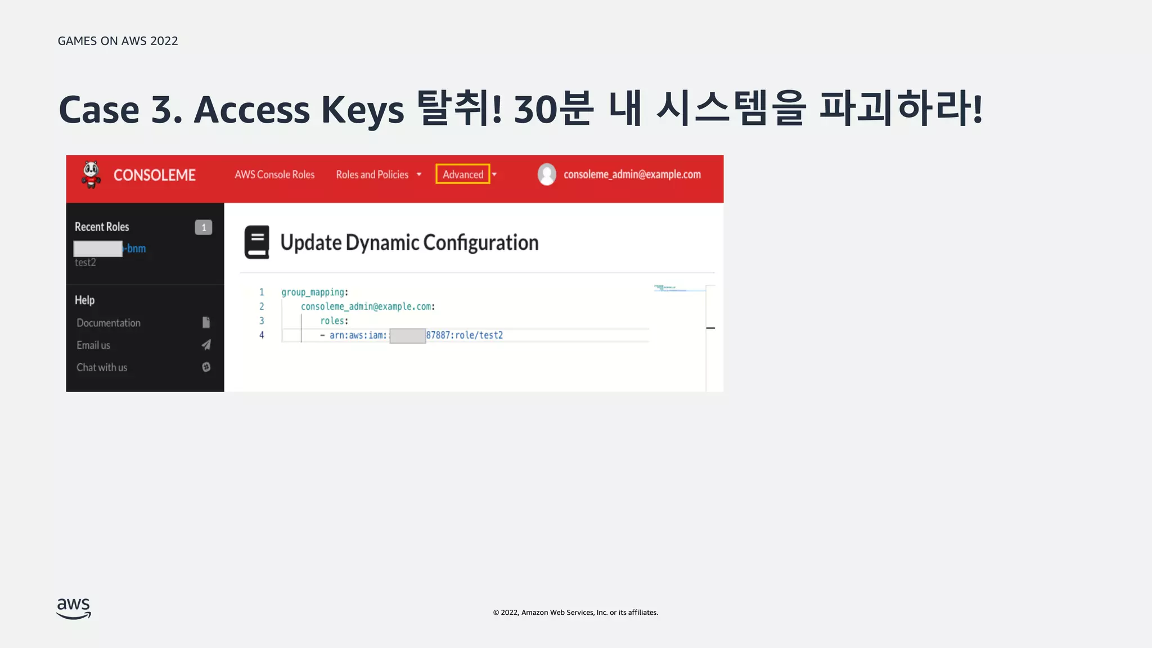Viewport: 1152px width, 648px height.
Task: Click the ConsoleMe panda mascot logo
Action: pos(91,174)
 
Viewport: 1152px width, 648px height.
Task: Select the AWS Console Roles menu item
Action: pos(274,174)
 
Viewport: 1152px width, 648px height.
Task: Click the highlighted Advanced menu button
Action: pos(463,174)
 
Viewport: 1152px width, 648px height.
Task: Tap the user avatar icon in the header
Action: pos(547,174)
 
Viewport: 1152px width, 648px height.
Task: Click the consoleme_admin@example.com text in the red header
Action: pos(632,174)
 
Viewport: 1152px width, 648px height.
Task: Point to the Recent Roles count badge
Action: pos(204,227)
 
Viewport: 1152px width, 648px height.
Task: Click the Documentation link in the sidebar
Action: pos(109,323)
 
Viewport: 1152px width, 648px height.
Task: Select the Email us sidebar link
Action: pos(93,345)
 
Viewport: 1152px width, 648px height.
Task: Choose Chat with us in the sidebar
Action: pos(102,367)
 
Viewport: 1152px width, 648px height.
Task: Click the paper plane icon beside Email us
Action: pos(206,345)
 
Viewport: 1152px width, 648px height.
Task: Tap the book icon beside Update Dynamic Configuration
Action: pos(256,242)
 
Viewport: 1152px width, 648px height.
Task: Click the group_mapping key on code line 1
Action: pos(313,292)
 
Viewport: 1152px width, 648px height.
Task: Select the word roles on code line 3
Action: pos(332,321)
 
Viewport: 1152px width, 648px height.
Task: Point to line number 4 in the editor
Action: pos(262,335)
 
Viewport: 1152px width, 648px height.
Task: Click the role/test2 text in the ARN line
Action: pos(479,335)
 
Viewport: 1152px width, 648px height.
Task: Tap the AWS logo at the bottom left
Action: pos(74,608)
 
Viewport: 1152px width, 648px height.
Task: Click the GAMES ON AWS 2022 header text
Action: pos(118,41)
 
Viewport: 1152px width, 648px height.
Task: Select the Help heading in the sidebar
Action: pos(84,300)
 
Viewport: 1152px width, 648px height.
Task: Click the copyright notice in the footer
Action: pos(575,613)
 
